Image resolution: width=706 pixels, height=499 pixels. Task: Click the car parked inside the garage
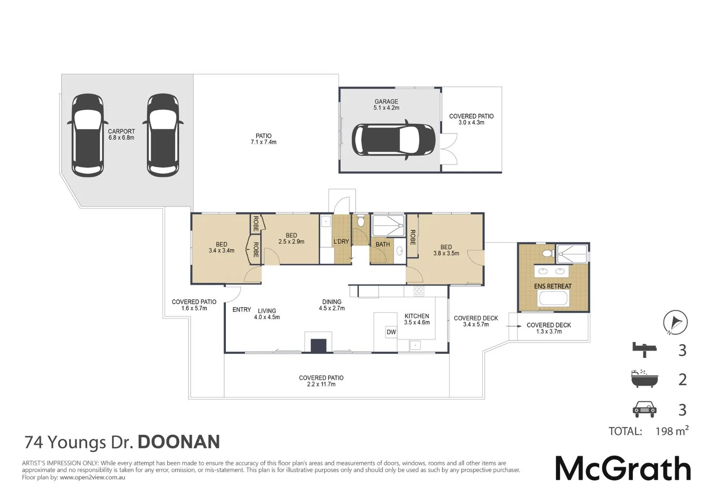click(x=393, y=140)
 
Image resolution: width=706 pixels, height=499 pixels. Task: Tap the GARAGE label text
click(x=386, y=102)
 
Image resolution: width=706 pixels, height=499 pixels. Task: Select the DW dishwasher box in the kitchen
click(x=391, y=332)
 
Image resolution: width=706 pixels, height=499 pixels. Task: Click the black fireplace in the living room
click(x=318, y=346)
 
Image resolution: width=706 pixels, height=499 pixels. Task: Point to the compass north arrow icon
click(x=675, y=322)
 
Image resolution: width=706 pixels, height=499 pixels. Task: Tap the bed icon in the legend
click(x=645, y=350)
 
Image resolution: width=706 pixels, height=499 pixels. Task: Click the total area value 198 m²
click(x=671, y=431)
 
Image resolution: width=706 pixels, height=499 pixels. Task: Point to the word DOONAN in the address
click(x=179, y=442)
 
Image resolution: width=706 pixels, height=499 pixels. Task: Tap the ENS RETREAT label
click(x=553, y=286)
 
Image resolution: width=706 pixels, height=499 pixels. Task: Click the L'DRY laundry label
click(x=341, y=242)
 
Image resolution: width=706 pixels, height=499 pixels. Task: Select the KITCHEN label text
click(x=417, y=316)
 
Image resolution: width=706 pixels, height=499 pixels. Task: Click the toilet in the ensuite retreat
click(x=548, y=253)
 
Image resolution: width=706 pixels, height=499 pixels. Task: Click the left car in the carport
click(x=88, y=135)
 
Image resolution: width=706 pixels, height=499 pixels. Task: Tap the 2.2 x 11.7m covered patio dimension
click(x=321, y=384)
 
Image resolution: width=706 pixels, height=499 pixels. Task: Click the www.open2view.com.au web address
click(x=92, y=477)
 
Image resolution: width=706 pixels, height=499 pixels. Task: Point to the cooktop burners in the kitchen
click(x=419, y=291)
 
